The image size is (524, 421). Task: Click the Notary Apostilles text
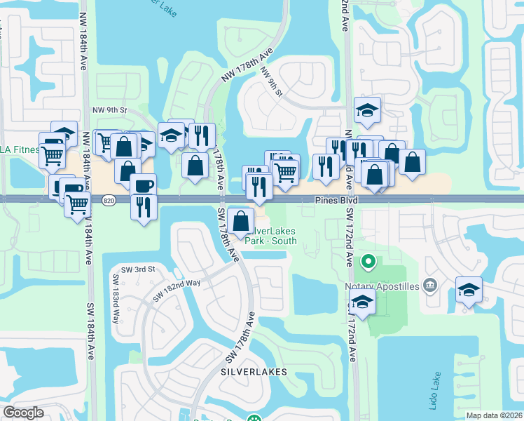pyautogui.click(x=381, y=286)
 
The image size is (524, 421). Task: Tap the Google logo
pyautogui.click(x=23, y=413)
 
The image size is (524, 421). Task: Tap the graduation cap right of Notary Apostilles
pyautogui.click(x=469, y=288)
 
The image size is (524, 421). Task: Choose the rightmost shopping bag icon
pyautogui.click(x=413, y=161)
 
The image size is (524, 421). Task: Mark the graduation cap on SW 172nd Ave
pyautogui.click(x=362, y=302)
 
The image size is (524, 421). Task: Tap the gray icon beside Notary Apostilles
pyautogui.click(x=430, y=285)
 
